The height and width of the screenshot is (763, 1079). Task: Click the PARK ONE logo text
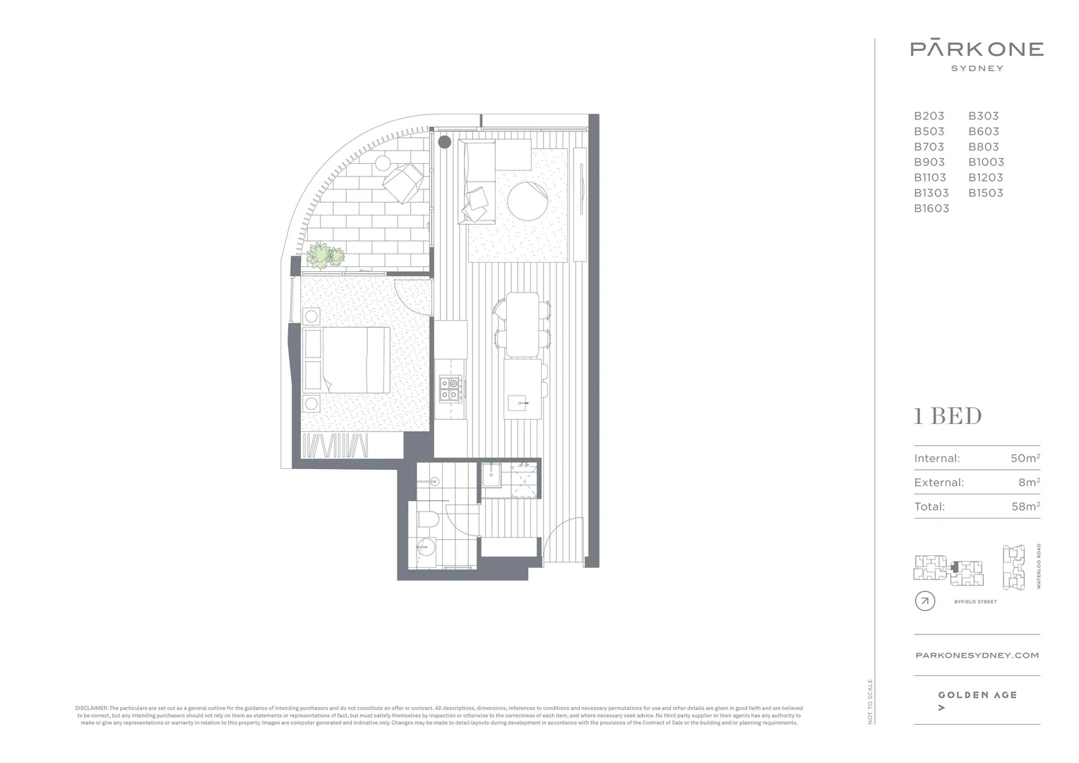tap(977, 49)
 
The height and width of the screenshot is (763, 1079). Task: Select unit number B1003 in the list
tap(986, 162)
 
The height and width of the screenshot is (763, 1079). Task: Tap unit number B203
tap(929, 116)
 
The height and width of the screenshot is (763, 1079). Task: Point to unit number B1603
tap(931, 208)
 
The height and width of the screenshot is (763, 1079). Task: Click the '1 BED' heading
tap(948, 416)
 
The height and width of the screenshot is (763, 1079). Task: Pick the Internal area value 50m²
tap(1025, 459)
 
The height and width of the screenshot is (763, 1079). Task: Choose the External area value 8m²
tap(1029, 483)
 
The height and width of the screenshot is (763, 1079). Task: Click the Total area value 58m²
tap(1025, 507)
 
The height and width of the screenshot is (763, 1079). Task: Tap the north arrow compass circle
tap(924, 601)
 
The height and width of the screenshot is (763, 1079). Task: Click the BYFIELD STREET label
tap(975, 602)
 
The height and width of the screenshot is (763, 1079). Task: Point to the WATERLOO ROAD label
tap(1039, 566)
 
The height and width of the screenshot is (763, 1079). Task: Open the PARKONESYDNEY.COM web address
tap(977, 655)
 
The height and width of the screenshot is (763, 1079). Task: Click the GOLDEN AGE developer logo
tap(977, 695)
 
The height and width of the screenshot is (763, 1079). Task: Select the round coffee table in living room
tap(527, 202)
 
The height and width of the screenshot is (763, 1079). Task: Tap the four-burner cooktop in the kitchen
tap(450, 389)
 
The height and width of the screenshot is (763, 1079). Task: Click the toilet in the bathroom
tap(428, 521)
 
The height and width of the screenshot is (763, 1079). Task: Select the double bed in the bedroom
tap(346, 360)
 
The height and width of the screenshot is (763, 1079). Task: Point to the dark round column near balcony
tap(444, 142)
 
